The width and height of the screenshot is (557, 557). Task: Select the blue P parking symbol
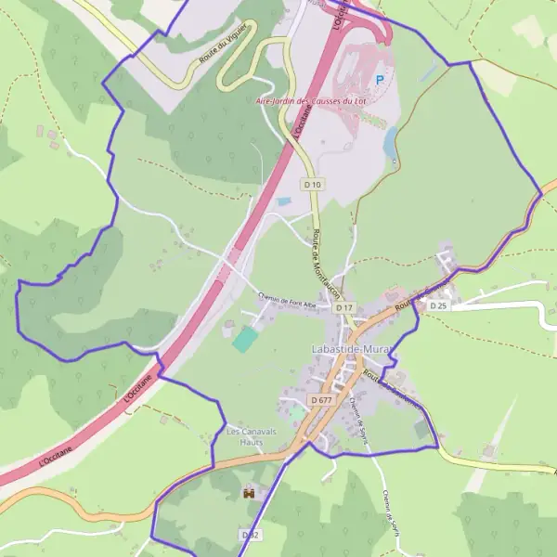click(x=379, y=80)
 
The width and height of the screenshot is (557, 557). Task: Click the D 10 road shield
click(x=313, y=185)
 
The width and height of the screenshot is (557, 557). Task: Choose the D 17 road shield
click(x=344, y=307)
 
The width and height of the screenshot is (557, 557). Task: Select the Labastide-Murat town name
click(x=348, y=349)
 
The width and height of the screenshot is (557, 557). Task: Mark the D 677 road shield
click(x=321, y=400)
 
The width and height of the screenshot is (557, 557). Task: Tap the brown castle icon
click(x=248, y=493)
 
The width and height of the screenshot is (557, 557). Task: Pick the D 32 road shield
click(x=250, y=535)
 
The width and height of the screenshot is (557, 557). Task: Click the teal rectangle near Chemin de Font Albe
click(x=243, y=339)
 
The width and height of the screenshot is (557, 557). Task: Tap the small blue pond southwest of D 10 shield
click(x=284, y=201)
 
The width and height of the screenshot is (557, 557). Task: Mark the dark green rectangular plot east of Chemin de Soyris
click(x=422, y=428)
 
